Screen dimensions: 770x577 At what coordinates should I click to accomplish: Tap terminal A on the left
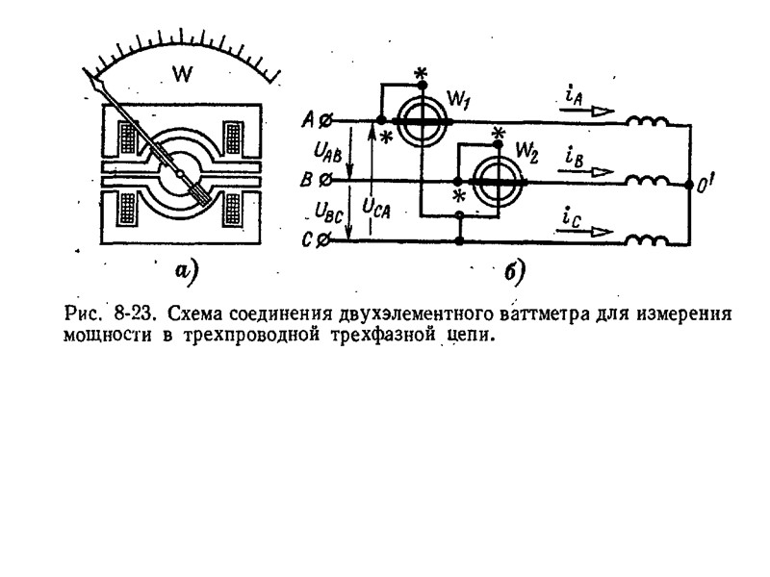pyautogui.click(x=325, y=121)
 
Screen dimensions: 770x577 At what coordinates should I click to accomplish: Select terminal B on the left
pyautogui.click(x=325, y=179)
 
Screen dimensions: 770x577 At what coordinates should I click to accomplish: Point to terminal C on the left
pyautogui.click(x=325, y=241)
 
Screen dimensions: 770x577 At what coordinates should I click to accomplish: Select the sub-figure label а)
pyautogui.click(x=185, y=271)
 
